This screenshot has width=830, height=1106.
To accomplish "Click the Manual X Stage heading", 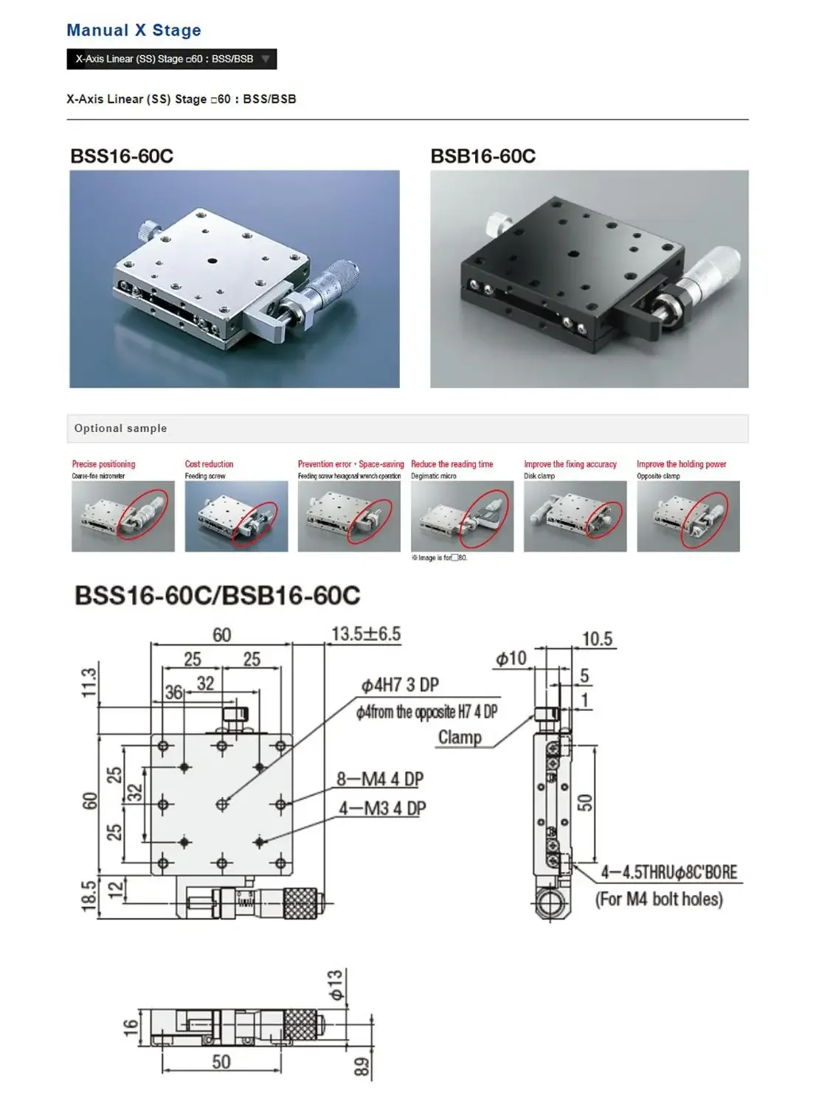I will point(134,30).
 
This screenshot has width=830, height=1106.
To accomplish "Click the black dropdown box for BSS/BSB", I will point(171,59).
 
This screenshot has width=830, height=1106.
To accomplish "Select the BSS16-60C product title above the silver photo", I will point(122,156).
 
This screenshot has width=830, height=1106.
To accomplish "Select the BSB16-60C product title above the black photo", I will point(483,156).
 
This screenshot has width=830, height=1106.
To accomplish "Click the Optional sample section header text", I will point(120,428).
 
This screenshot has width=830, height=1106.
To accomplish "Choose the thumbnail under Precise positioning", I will point(122,516).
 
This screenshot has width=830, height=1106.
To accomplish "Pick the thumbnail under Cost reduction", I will point(236,516).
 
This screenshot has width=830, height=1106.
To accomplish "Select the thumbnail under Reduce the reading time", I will point(462,516).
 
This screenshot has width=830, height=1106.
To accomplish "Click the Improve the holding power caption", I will point(681,465).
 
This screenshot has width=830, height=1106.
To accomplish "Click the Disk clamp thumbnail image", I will point(575,516).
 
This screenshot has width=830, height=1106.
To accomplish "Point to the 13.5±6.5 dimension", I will point(365,634).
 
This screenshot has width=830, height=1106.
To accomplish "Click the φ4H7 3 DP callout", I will point(400,686).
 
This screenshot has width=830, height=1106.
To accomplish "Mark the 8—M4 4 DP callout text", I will point(380,779).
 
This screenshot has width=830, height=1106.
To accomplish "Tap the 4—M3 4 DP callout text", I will point(382,809).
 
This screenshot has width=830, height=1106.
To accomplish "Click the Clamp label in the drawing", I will point(460,737).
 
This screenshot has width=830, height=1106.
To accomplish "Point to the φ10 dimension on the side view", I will point(511,658).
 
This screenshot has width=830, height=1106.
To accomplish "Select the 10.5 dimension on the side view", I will point(597,639).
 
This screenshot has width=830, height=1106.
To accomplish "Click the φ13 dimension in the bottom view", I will point(336,985).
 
